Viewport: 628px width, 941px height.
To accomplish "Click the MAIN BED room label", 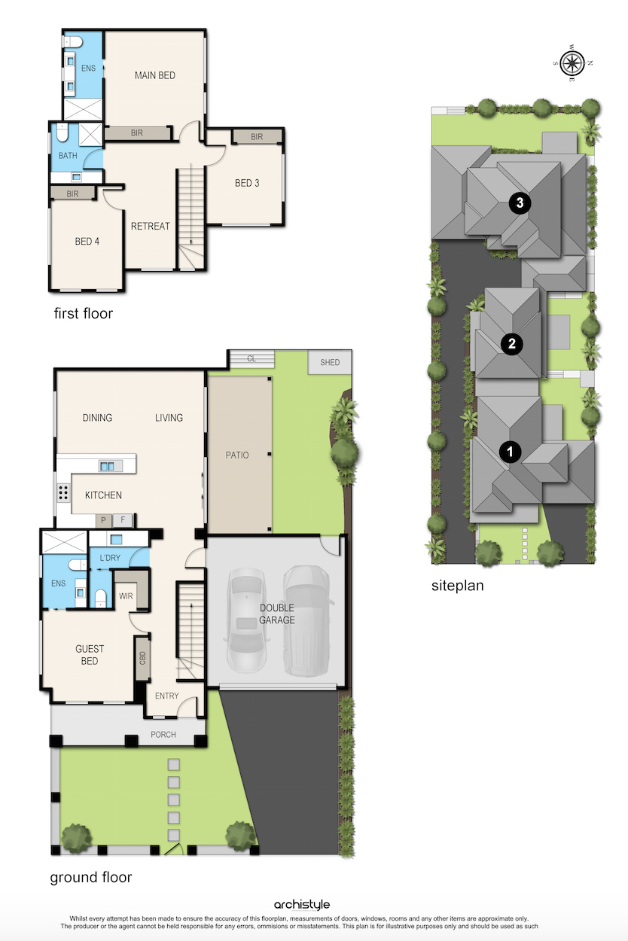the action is click(x=154, y=75).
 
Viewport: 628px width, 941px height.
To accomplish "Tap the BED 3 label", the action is click(x=247, y=183).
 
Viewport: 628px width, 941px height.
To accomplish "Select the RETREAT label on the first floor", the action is click(x=151, y=227).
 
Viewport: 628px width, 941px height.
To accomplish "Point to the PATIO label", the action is click(x=237, y=455).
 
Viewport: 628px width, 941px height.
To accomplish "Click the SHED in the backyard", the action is click(x=330, y=362).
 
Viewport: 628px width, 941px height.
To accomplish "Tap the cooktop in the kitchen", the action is click(x=63, y=492).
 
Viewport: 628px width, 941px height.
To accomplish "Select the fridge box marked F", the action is click(x=123, y=520).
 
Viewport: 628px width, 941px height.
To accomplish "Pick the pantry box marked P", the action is click(x=103, y=521).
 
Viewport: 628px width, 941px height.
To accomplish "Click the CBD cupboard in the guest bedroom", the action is click(x=142, y=658).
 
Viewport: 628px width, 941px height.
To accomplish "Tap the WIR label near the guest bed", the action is click(x=126, y=596).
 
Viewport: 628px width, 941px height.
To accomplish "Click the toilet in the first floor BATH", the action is click(x=62, y=133).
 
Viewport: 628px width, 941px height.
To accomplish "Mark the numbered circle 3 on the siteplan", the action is click(x=520, y=203).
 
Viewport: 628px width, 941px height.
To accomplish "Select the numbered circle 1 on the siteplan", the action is click(x=511, y=452).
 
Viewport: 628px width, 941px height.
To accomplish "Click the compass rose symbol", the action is click(x=572, y=63).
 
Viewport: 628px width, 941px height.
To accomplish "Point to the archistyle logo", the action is click(x=302, y=904).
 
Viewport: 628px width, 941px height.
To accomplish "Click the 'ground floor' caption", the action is click(x=90, y=877).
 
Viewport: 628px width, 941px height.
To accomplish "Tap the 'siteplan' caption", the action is click(x=458, y=586).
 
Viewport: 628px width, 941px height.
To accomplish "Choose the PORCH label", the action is click(x=163, y=735).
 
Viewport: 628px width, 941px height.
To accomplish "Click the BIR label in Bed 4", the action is click(x=72, y=194).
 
